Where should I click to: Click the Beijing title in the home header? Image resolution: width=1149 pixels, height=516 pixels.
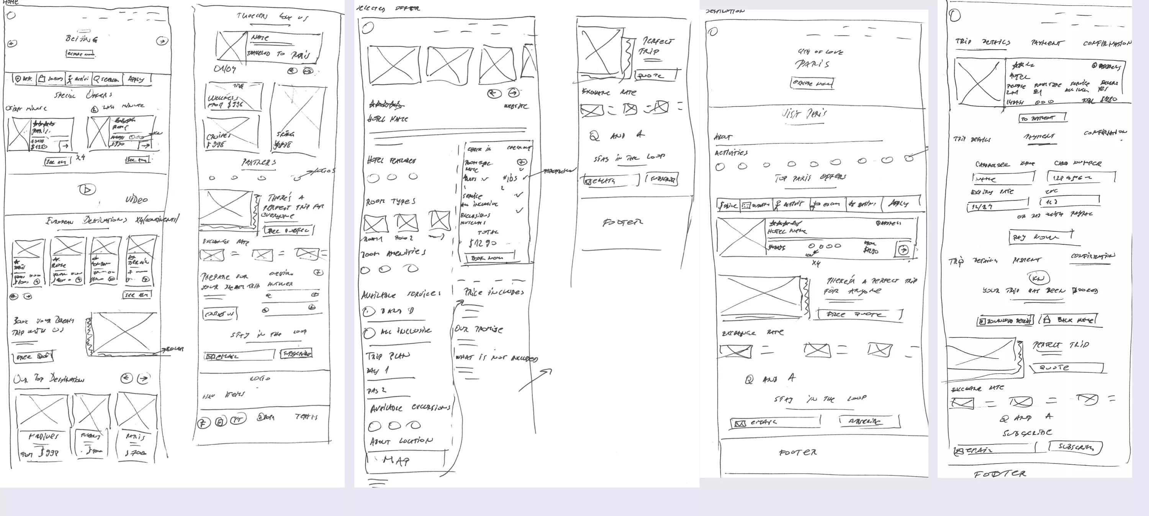pyautogui.click(x=82, y=39)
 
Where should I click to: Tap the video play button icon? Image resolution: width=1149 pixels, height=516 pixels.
pyautogui.click(x=87, y=189)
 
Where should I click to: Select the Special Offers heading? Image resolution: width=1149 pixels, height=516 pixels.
pyautogui.click(x=83, y=95)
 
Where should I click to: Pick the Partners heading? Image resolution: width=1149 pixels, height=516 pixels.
pyautogui.click(x=259, y=163)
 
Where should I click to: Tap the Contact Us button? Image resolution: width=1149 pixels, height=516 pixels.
pyautogui.click(x=220, y=314)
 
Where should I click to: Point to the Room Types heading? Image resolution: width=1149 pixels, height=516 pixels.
pyautogui.click(x=390, y=202)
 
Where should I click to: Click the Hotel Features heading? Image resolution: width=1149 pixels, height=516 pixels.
pyautogui.click(x=391, y=160)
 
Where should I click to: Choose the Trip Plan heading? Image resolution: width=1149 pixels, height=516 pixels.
pyautogui.click(x=387, y=356)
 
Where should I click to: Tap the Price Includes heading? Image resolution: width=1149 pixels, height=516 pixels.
pyautogui.click(x=494, y=292)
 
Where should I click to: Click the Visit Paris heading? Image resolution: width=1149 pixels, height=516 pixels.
pyautogui.click(x=804, y=114)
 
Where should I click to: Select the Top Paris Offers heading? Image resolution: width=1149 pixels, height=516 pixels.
pyautogui.click(x=810, y=178)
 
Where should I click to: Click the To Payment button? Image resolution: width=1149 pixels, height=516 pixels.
pyautogui.click(x=1043, y=118)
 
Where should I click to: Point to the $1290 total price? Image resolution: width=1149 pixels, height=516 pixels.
pyautogui.click(x=483, y=243)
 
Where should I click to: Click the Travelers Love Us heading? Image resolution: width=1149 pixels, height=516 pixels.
pyautogui.click(x=272, y=17)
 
